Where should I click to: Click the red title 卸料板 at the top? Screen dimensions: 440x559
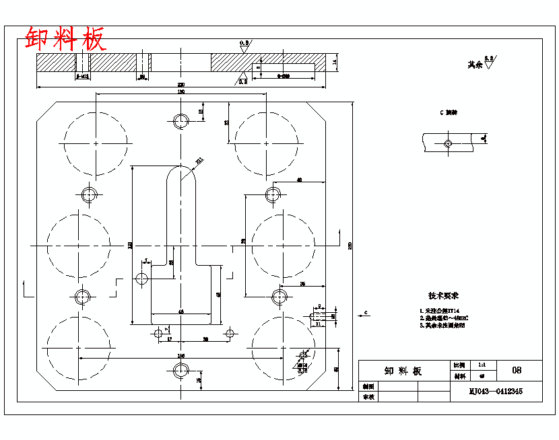point(65,39)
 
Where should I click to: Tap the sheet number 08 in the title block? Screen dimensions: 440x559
point(517,370)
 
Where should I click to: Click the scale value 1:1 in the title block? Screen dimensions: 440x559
point(482,364)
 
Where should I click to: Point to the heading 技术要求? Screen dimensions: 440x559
point(443,295)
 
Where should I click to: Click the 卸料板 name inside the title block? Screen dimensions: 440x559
point(403,371)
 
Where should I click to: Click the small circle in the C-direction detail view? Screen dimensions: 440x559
point(448,143)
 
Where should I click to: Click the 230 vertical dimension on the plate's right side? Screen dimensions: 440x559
point(350,246)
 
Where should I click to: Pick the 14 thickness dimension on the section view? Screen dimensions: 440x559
point(335,63)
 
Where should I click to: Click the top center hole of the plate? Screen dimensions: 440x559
point(181,121)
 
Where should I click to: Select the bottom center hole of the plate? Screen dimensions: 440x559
point(180,369)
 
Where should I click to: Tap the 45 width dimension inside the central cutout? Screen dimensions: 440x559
point(180,311)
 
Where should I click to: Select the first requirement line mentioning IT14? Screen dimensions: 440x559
point(443,310)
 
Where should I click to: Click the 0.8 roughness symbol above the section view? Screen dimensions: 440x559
point(244,44)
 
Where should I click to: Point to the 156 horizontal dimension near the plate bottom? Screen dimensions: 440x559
point(180,355)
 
